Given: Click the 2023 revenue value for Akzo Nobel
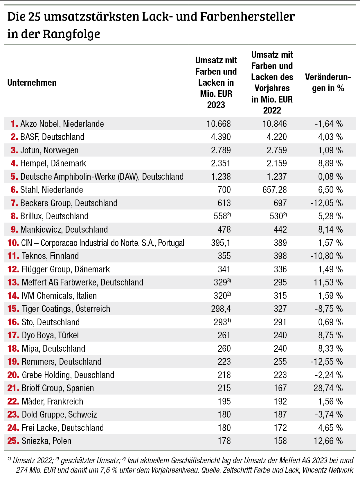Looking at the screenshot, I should [218, 124].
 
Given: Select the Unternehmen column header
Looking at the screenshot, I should [32, 83].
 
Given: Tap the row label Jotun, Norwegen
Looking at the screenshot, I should [49, 150].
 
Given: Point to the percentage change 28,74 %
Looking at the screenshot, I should [328, 388].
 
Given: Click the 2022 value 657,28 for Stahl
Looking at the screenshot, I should [274, 190].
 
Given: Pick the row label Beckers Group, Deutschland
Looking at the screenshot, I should [69, 203].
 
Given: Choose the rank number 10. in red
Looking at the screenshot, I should [13, 243].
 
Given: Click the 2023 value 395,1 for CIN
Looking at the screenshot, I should [221, 243].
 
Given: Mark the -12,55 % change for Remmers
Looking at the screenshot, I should [326, 362].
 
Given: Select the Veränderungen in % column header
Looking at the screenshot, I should [328, 83].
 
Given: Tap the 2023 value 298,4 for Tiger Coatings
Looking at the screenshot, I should [221, 309].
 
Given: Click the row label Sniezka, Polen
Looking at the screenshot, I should [46, 441].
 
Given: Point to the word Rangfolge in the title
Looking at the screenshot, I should [71, 34].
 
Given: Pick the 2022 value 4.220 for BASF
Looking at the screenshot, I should [277, 137].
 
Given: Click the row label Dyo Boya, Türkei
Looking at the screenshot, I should [50, 335].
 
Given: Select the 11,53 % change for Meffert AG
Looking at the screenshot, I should [328, 283].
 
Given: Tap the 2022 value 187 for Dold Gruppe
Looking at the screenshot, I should [280, 415].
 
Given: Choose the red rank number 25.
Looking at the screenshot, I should [13, 441].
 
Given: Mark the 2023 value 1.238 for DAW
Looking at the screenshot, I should [221, 177].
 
